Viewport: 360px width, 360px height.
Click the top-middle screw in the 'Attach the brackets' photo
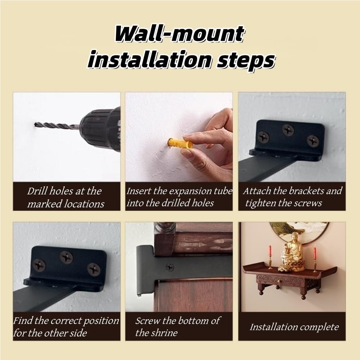coord(288,130)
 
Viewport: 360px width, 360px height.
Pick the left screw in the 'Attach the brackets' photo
coord(264,136)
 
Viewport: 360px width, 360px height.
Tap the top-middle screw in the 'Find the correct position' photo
coord(66,257)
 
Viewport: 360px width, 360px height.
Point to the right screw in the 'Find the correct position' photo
coord(94,269)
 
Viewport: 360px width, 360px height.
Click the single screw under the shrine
coord(169,267)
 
